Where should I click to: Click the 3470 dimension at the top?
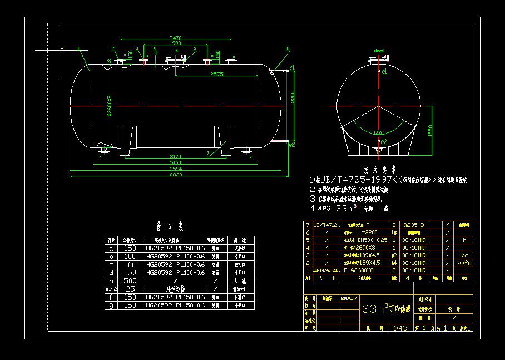pyautogui.click(x=175, y=38)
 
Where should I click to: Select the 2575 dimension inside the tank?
pyautogui.click(x=217, y=74)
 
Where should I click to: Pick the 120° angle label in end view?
pyautogui.click(x=378, y=134)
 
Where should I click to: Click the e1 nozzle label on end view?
pyautogui.click(x=384, y=72)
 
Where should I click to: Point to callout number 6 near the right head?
pyautogui.click(x=288, y=50)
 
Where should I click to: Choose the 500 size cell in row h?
pyautogui.click(x=130, y=280)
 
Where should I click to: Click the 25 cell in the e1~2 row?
pyautogui.click(x=130, y=289)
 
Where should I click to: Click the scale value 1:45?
pyautogui.click(x=399, y=328)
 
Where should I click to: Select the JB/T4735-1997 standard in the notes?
pyautogui.click(x=353, y=180)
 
